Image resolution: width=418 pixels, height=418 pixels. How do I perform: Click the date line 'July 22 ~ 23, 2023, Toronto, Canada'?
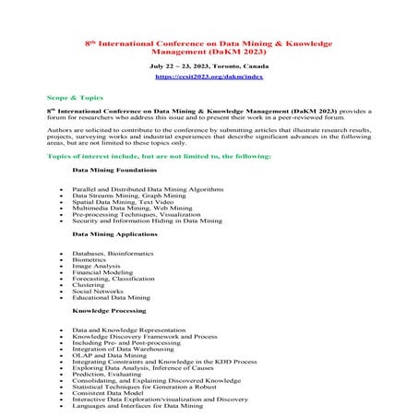[x=209, y=69]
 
